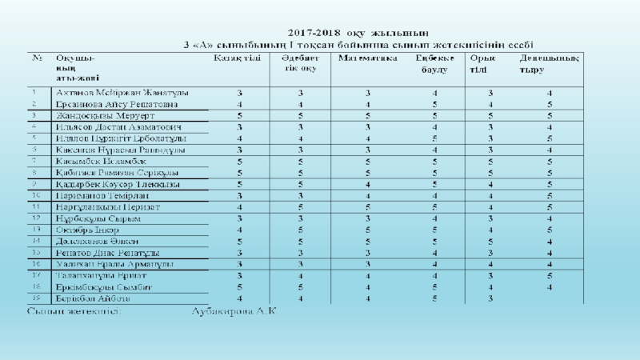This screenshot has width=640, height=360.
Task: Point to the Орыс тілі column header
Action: pos(483,64)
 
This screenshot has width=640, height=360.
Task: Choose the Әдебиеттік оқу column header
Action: pos(299,64)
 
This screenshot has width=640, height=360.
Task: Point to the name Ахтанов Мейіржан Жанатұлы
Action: pos(121,94)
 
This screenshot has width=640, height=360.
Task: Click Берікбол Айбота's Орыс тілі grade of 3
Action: pos(490,298)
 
